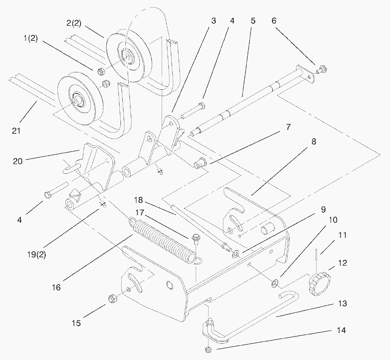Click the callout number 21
click(16, 131)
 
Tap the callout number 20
click(18, 161)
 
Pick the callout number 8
click(314, 142)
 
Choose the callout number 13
click(342, 304)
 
